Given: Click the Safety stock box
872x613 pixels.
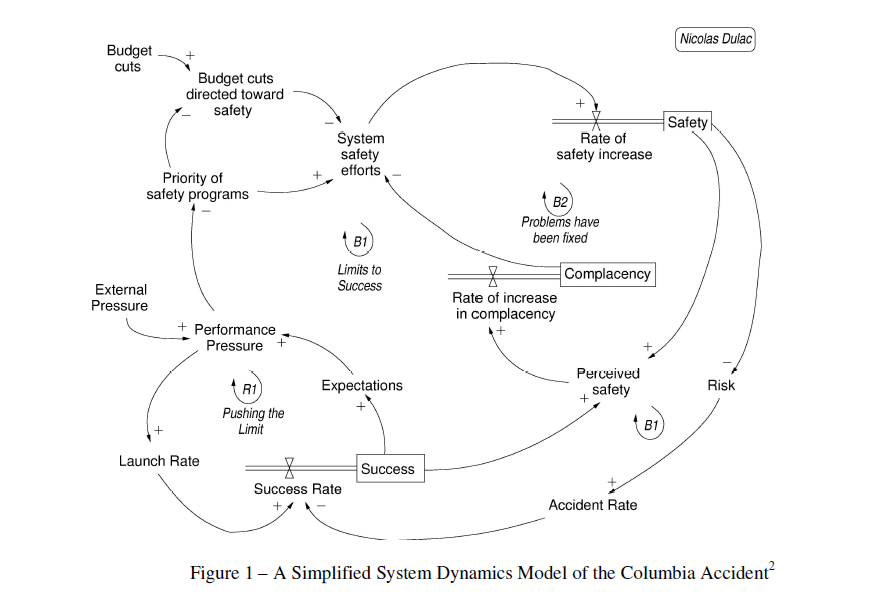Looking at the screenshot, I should tap(687, 122).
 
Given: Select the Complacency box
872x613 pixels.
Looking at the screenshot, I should tap(607, 274).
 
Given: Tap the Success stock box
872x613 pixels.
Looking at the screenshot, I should tap(388, 468).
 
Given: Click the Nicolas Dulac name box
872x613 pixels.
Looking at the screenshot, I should tap(716, 40).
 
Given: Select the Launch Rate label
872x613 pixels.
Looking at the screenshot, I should tap(159, 461).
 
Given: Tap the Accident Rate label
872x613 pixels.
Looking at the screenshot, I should tap(593, 505).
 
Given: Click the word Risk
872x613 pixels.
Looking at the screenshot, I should tap(721, 385).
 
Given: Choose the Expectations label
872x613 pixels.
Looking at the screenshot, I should tap(362, 385).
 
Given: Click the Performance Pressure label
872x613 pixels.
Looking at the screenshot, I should tap(235, 337).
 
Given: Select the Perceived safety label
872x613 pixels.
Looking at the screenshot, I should tap(608, 381).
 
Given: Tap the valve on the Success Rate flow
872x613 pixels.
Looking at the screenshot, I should tap(289, 467).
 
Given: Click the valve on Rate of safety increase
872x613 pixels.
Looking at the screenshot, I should tap(596, 121).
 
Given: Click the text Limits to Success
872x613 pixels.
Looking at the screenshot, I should tap(360, 278).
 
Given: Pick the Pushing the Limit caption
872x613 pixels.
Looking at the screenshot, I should tap(253, 421).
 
